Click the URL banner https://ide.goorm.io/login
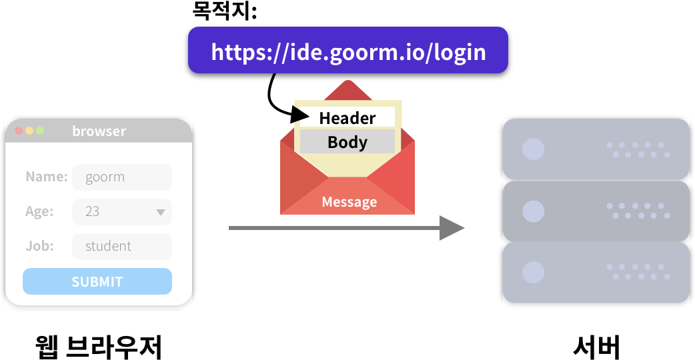coord(347,51)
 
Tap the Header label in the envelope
coord(347,118)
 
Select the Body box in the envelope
coord(347,142)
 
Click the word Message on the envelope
coord(349,201)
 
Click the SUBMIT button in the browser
coord(97,281)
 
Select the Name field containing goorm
coord(121,177)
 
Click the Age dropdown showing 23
coord(121,212)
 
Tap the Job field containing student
coord(121,247)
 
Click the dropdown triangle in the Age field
coord(161,213)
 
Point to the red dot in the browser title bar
coord(19,131)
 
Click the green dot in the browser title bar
coord(40,131)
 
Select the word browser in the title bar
coord(99,131)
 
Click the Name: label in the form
coord(47,177)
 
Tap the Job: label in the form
coord(39,246)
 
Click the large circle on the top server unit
coord(533,149)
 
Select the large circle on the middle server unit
coord(533,211)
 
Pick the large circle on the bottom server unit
coord(533,272)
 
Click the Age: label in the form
coord(39,212)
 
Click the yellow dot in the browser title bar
coord(29,131)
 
